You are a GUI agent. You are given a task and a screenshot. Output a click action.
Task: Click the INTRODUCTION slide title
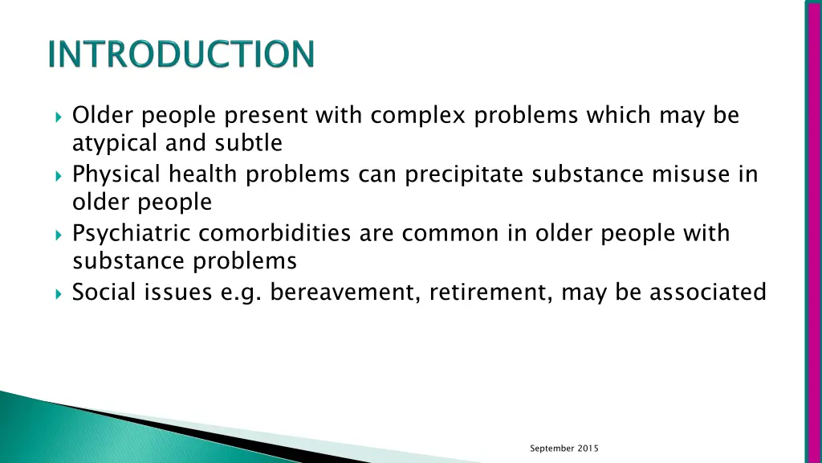click(x=181, y=55)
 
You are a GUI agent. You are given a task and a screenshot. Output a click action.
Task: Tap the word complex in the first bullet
click(x=418, y=117)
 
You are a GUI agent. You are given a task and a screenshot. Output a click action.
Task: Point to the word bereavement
click(x=345, y=293)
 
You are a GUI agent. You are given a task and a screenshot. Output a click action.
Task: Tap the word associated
click(x=707, y=293)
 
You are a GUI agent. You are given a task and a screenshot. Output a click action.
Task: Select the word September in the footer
click(x=552, y=449)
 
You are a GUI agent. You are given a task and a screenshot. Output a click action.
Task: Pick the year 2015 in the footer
click(x=588, y=449)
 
